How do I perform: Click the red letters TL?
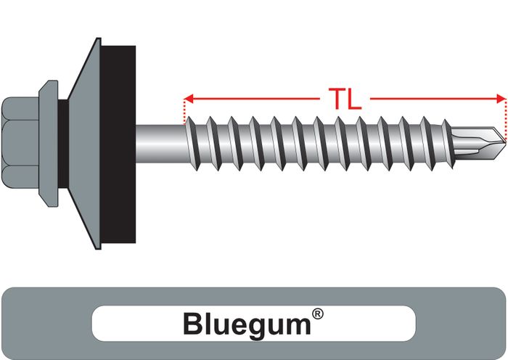point(345,99)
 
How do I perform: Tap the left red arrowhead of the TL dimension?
point(189,99)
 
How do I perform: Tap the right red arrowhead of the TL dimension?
point(501,99)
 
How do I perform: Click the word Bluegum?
point(247,324)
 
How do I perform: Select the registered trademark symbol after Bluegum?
point(318,314)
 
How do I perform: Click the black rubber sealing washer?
point(118,144)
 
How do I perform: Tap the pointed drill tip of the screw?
point(504,142)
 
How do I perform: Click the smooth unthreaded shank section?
point(160,144)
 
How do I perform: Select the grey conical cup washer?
point(85,144)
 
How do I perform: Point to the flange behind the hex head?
point(49,144)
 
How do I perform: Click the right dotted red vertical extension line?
point(505,120)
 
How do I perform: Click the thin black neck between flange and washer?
point(64,144)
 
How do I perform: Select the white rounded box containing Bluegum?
point(254,324)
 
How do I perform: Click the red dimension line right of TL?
point(433,99)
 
